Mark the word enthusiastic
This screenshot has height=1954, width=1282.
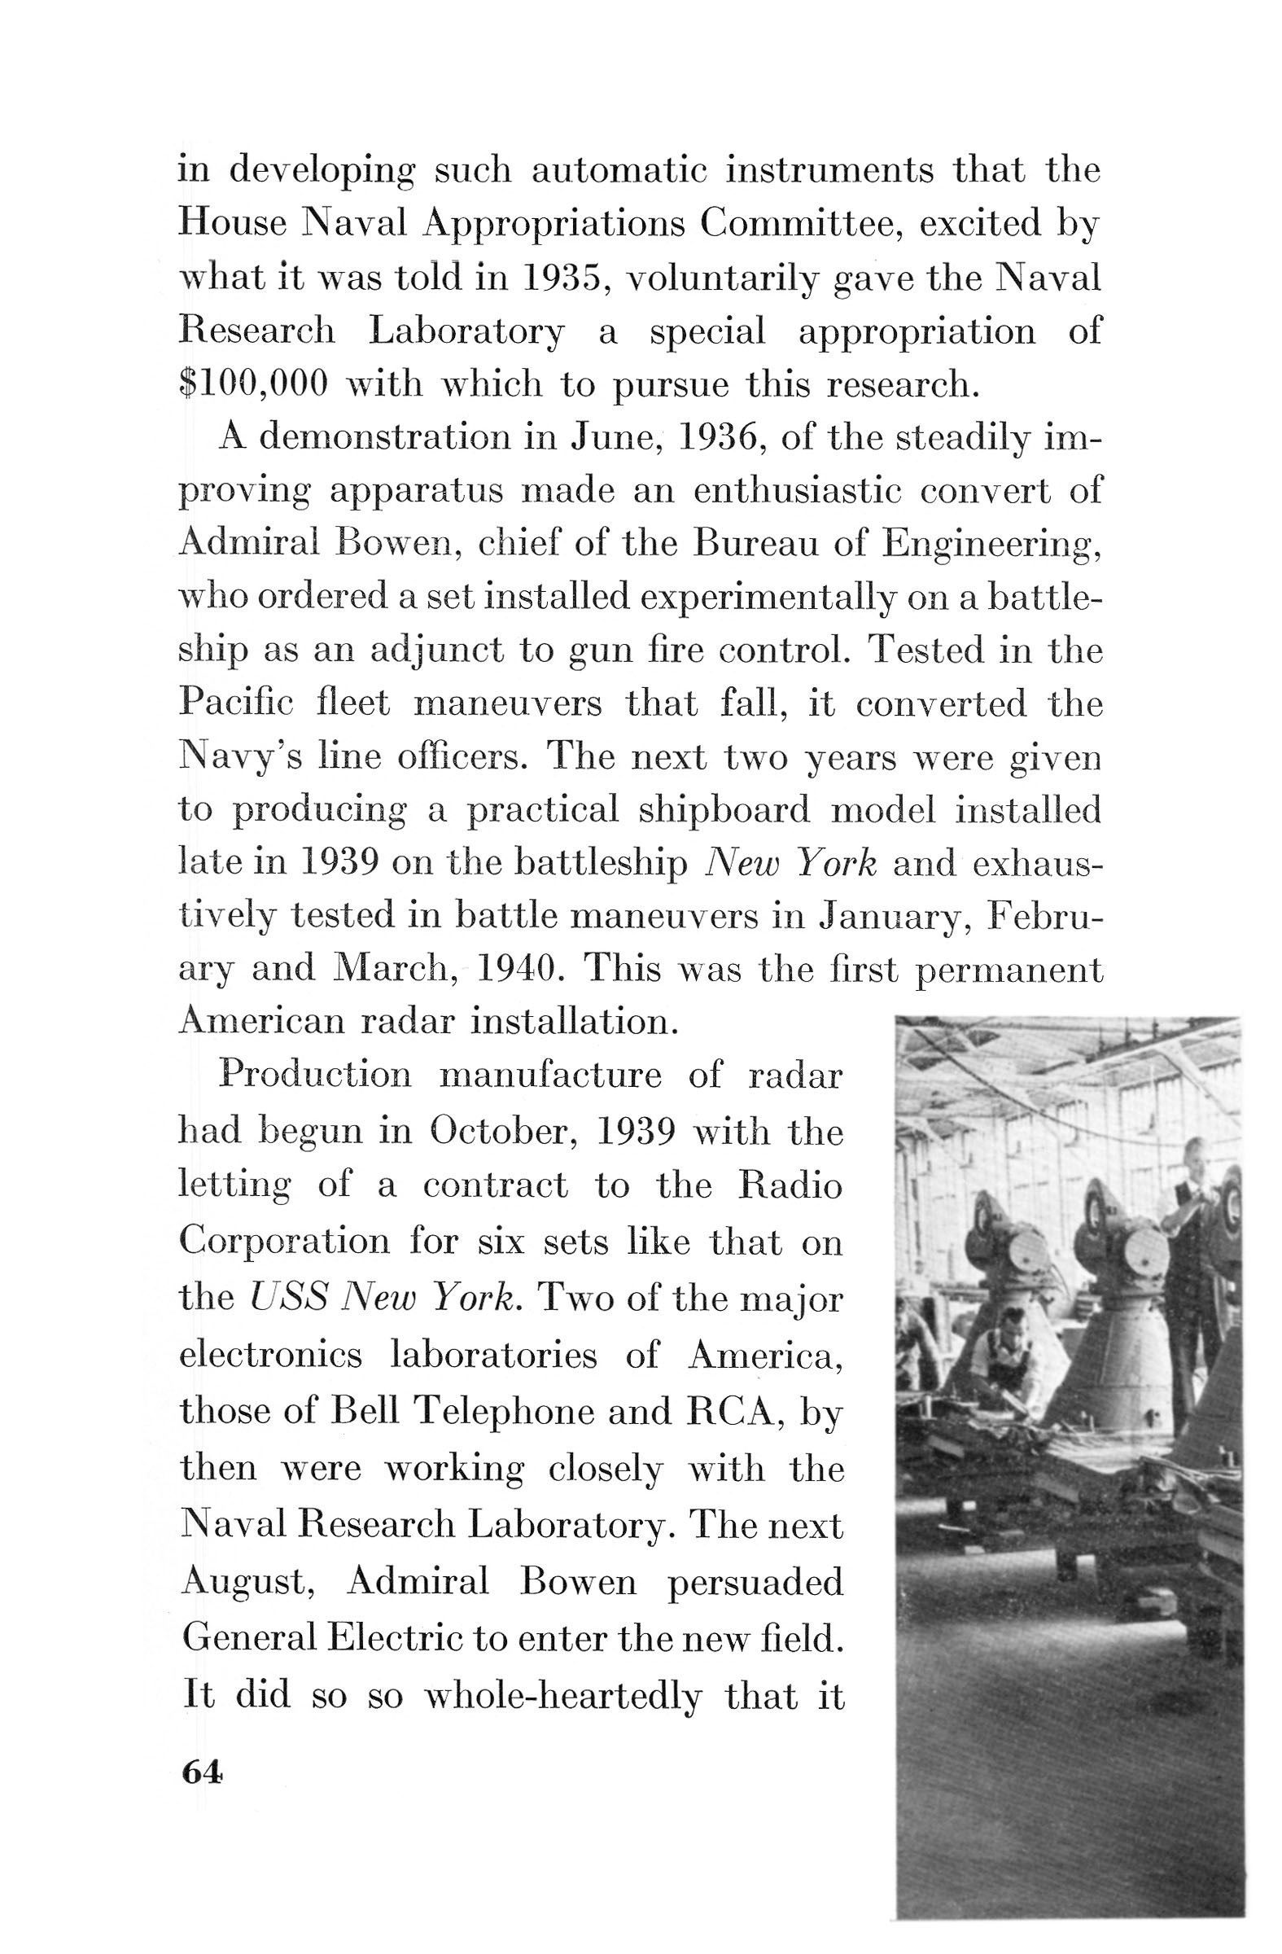point(797,491)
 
